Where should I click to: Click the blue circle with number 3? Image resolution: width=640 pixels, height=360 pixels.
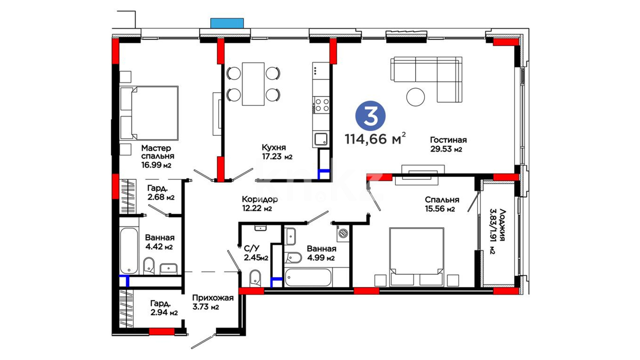pos(370,116)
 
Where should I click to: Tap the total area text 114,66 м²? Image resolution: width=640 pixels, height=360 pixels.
pos(375,138)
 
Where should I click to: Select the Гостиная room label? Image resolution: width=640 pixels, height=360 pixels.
pos(448,140)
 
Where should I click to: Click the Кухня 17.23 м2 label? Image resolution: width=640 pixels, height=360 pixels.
pos(277,152)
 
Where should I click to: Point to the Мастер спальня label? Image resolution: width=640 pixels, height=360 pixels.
pos(157,152)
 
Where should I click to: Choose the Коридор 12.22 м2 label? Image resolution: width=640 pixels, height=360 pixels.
pos(259,204)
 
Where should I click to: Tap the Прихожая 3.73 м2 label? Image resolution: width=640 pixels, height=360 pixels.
pos(213,302)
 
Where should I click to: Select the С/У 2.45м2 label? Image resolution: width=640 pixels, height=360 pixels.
pos(256,253)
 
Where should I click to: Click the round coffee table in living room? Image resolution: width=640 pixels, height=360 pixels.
pos(415,97)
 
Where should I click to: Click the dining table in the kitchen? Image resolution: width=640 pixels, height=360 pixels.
pos(253,84)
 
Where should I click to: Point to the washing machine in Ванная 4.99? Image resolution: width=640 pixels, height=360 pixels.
pos(343,233)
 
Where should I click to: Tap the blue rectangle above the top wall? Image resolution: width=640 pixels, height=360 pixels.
pos(227,23)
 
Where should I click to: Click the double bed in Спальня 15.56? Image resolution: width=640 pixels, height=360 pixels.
pos(417,257)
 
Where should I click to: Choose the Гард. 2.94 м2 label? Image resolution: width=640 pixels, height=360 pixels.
pos(164,308)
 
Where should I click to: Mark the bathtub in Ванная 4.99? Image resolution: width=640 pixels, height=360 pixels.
pos(308,277)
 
